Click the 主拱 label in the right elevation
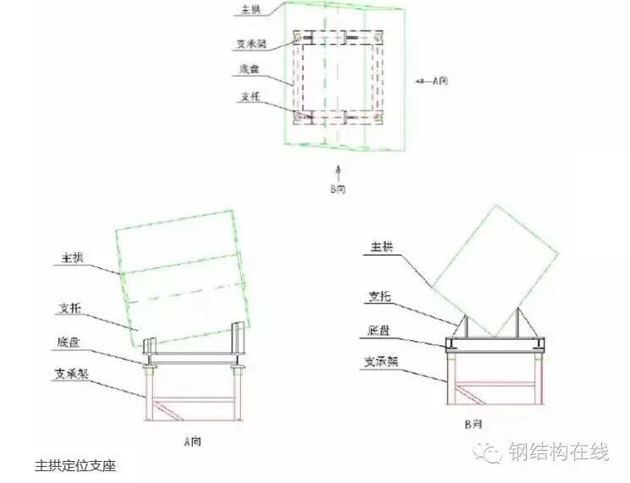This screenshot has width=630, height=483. (x=381, y=247)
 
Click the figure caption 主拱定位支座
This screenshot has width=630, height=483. (x=75, y=465)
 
